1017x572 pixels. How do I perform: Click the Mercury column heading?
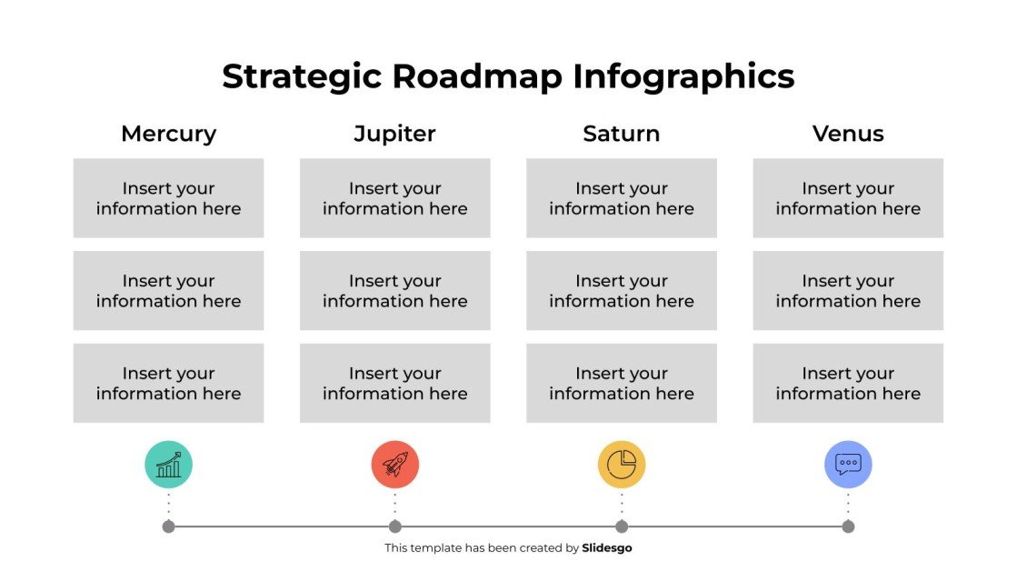tap(168, 134)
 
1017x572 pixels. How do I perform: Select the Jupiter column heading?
tap(394, 134)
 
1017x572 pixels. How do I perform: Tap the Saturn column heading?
tap(621, 134)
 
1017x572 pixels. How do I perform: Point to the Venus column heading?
tap(848, 134)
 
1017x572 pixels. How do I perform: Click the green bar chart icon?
tap(168, 465)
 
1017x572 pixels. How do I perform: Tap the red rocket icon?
tap(394, 465)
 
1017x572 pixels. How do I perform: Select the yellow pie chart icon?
tap(621, 465)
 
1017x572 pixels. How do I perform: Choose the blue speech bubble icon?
tap(848, 465)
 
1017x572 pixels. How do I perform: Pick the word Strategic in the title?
tap(302, 76)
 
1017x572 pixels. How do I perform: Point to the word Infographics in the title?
tap(683, 76)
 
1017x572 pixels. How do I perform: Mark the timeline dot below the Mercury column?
tap(168, 527)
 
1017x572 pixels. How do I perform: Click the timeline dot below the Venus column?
tap(848, 527)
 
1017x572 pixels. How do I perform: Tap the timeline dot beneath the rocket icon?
tap(394, 527)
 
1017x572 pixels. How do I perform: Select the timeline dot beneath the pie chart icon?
tap(621, 527)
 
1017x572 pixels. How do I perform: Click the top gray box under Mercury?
tap(168, 198)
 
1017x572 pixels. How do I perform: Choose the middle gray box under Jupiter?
tap(394, 291)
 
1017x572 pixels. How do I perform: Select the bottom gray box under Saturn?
tap(621, 383)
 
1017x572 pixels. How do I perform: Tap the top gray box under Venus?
tap(848, 198)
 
